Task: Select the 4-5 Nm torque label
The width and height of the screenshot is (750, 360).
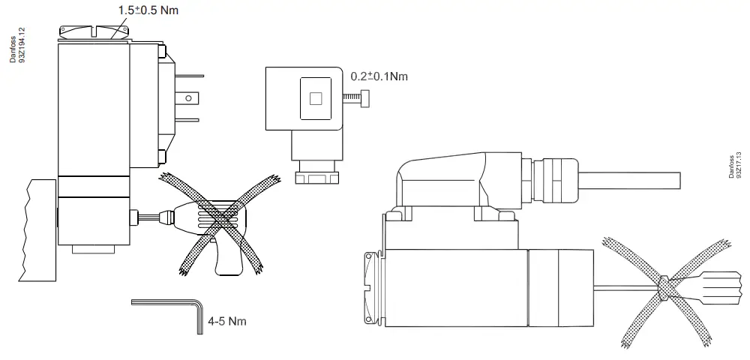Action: point(227,321)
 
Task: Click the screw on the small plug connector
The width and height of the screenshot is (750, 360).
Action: point(355,98)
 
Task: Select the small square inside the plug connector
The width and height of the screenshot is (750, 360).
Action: point(315,98)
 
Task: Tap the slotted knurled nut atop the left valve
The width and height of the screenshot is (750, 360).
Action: point(94,31)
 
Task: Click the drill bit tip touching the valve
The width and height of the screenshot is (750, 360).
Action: point(135,217)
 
